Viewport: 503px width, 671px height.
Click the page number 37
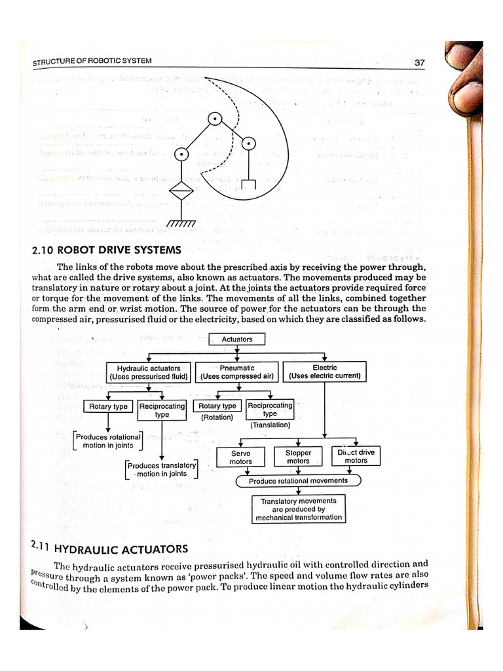pyautogui.click(x=420, y=63)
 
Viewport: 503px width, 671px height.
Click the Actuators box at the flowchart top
pyautogui.click(x=237, y=339)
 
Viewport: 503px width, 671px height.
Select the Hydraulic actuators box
pyautogui.click(x=149, y=372)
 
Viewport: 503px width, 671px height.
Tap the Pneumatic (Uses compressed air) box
pyautogui.click(x=237, y=372)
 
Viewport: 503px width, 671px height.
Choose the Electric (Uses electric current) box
pyautogui.click(x=325, y=372)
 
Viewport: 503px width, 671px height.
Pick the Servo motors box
pyautogui.click(x=241, y=457)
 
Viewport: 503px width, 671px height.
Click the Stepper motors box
pyautogui.click(x=298, y=457)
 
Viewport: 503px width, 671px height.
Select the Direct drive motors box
pyautogui.click(x=356, y=457)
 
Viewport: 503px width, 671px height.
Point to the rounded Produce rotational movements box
pyautogui.click(x=298, y=481)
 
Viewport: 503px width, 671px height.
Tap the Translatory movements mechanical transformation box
pyautogui.click(x=298, y=509)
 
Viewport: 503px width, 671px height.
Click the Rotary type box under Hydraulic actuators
pyautogui.click(x=109, y=407)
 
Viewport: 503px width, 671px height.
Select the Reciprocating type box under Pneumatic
pyautogui.click(x=270, y=410)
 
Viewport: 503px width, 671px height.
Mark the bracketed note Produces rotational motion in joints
pyautogui.click(x=108, y=441)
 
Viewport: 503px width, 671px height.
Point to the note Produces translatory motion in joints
pyautogui.click(x=161, y=470)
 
